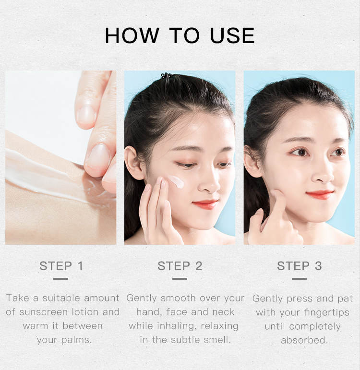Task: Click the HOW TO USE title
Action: pos(180,36)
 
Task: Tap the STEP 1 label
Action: pos(61,266)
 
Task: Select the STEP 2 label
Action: pos(180,266)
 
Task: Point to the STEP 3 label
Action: pos(299,266)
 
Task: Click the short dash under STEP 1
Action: pos(61,278)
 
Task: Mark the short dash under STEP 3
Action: pos(299,278)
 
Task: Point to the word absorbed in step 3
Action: pos(304,340)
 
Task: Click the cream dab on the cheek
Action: pos(176,181)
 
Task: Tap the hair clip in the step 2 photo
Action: pos(167,76)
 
